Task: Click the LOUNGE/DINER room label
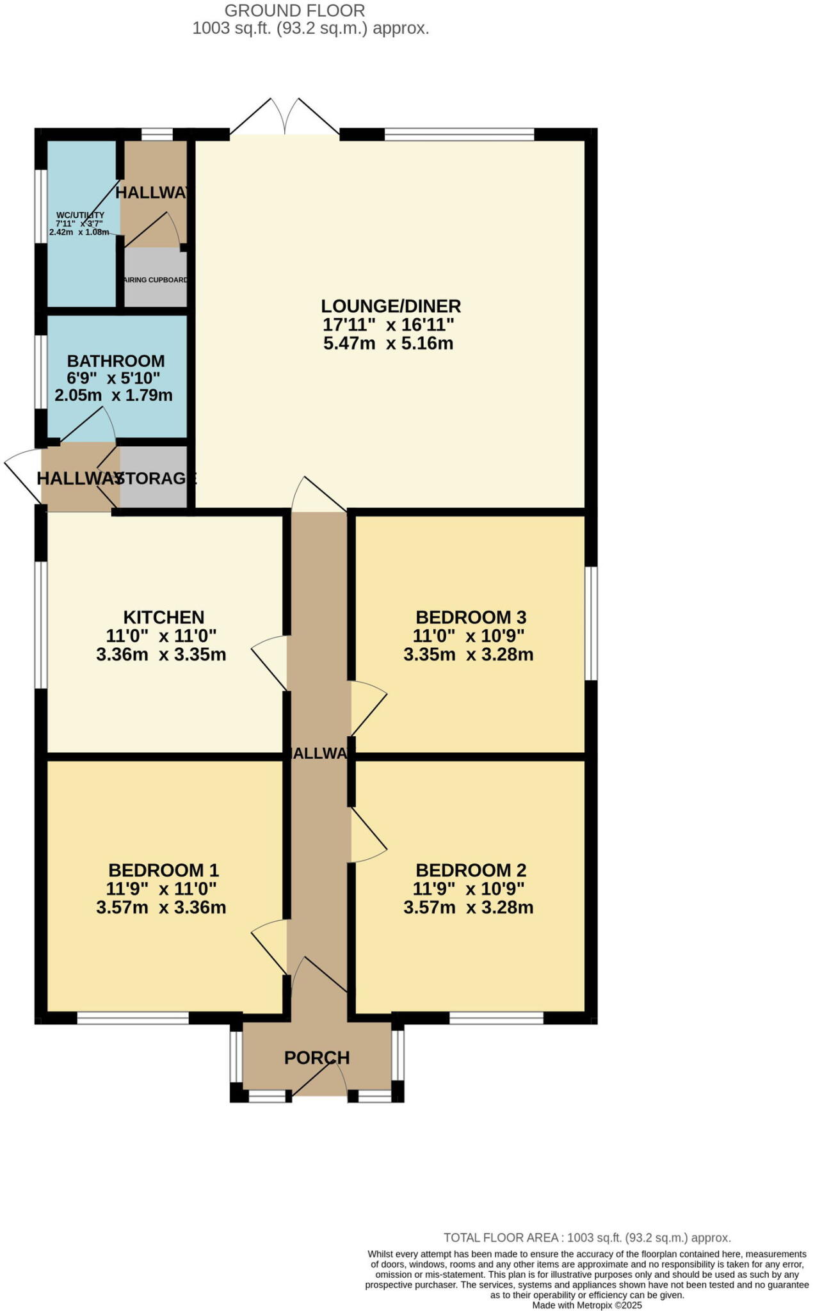(x=390, y=306)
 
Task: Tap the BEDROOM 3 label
(x=471, y=617)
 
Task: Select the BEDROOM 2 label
(x=471, y=870)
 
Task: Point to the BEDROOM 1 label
(x=163, y=870)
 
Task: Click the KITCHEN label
(x=164, y=617)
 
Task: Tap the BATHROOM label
(x=116, y=361)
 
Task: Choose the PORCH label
(x=317, y=1058)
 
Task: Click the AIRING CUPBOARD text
(x=156, y=280)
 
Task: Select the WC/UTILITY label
(x=80, y=215)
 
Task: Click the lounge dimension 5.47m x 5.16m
(x=389, y=343)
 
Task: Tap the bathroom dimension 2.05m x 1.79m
(x=113, y=395)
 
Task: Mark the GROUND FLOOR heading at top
(x=294, y=10)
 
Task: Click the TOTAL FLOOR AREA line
(x=586, y=1238)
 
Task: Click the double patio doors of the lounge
(x=285, y=118)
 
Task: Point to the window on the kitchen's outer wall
(x=41, y=625)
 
